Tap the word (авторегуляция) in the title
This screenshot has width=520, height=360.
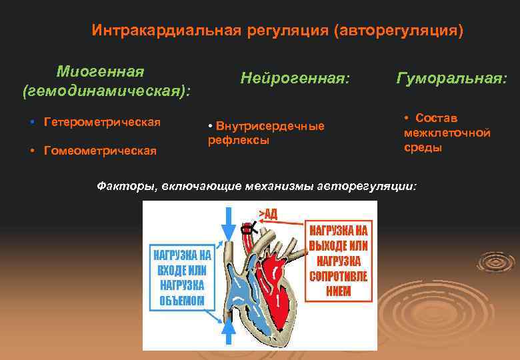click(399, 31)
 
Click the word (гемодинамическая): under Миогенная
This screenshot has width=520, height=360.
click(107, 90)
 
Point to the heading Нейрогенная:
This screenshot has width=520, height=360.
click(295, 78)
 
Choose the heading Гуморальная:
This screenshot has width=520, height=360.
click(451, 78)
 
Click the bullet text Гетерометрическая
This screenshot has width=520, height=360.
click(102, 123)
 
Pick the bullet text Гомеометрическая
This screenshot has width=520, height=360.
click(100, 150)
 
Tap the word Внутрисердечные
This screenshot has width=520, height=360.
click(270, 126)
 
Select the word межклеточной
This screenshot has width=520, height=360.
click(447, 133)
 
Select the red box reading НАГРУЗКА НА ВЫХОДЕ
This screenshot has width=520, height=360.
click(339, 260)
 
